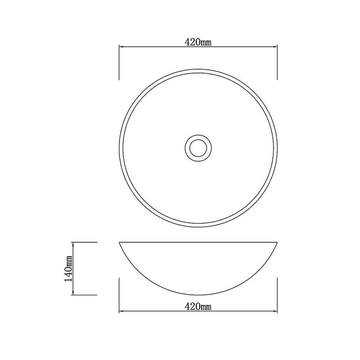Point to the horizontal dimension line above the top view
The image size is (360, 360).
pos(167,48)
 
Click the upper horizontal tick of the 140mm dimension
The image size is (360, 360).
pos(86,242)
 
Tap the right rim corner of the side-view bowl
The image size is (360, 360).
pos(277,243)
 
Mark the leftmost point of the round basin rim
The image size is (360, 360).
pos(119,147)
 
